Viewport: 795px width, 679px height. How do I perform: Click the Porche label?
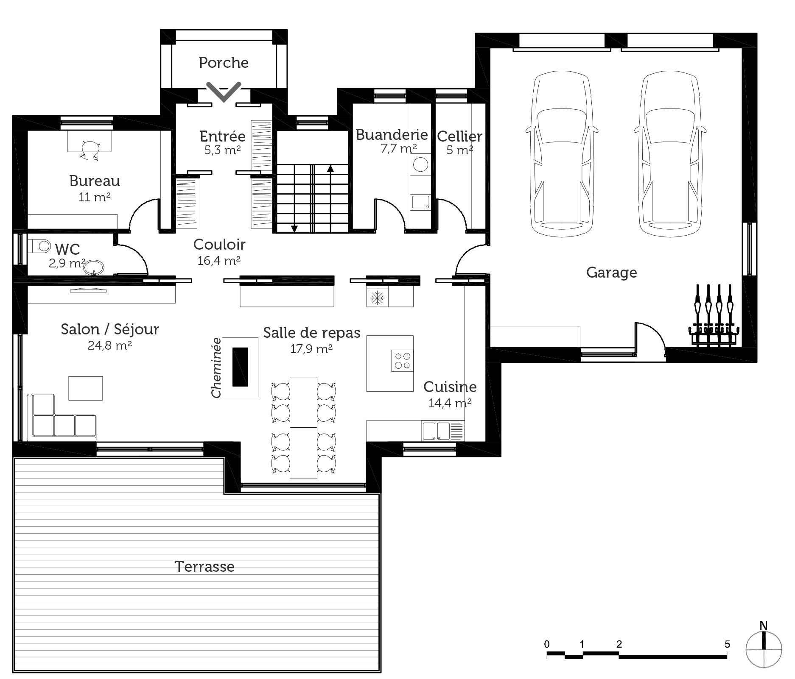click(224, 63)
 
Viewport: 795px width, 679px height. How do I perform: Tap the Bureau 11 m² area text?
click(95, 197)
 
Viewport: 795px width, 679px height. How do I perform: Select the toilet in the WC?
click(39, 245)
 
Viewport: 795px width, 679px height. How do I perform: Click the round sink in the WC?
click(94, 268)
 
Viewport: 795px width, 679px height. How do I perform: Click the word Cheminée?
click(216, 367)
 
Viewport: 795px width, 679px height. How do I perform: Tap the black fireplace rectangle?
click(240, 367)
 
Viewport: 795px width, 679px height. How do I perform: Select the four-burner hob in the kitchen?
click(402, 361)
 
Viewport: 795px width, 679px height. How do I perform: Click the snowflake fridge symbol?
click(377, 298)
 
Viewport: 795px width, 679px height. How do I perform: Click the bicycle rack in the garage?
click(714, 316)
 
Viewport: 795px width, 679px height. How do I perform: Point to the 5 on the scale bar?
click(727, 645)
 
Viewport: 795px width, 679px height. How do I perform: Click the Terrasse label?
click(204, 567)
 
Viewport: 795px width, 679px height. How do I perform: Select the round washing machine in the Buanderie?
click(420, 164)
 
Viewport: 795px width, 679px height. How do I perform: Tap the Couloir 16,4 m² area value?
click(219, 261)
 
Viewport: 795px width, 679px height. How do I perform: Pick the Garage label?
click(611, 273)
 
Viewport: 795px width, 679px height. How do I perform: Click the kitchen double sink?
click(436, 431)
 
